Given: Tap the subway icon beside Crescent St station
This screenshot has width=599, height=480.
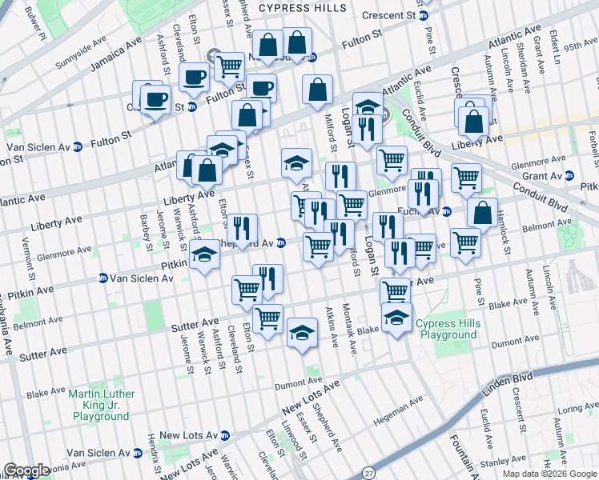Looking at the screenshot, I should click(x=424, y=15).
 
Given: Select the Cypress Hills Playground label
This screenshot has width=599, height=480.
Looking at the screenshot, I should click(x=448, y=329).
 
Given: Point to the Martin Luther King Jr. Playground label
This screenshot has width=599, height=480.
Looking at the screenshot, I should click(x=102, y=405).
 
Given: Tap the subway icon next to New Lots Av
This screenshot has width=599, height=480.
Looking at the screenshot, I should click(x=225, y=435).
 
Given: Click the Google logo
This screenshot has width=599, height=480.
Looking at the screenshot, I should click(x=26, y=470).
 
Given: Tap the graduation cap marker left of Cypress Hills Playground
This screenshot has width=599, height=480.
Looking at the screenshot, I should click(x=396, y=318).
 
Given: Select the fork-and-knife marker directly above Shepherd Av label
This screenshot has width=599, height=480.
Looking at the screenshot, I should click(x=241, y=228).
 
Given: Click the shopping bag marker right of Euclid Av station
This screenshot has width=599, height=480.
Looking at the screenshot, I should click(x=482, y=214).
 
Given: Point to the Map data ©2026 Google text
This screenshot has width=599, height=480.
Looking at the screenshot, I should click(x=549, y=474).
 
